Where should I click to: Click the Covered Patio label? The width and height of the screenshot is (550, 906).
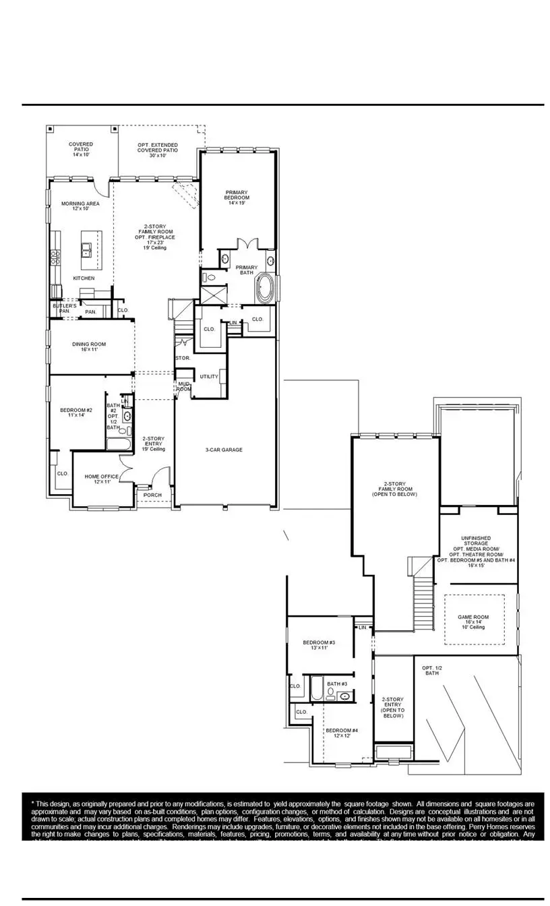(x=81, y=149)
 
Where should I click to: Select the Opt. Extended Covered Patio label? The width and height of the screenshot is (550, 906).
(x=158, y=148)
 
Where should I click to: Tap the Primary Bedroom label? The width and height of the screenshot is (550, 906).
(x=237, y=195)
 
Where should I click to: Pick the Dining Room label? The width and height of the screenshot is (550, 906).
(x=89, y=347)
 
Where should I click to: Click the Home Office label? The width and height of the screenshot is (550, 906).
(x=102, y=479)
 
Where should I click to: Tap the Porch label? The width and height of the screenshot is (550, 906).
(x=153, y=495)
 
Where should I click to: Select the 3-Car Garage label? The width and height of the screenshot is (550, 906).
(x=224, y=450)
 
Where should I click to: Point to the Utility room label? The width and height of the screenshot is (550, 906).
(x=209, y=377)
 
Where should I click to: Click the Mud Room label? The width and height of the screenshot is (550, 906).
(x=184, y=386)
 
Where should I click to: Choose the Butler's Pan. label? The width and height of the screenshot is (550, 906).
(x=65, y=309)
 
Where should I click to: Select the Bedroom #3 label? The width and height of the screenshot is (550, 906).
(x=319, y=646)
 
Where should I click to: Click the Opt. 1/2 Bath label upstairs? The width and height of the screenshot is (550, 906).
(x=431, y=671)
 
